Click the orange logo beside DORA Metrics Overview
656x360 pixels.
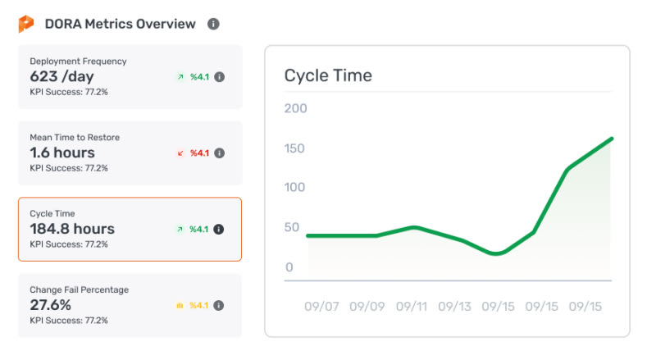[26, 24]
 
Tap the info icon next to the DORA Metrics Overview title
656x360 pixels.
[213, 24]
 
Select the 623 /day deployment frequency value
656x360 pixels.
[62, 76]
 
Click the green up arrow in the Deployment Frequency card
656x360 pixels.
[180, 77]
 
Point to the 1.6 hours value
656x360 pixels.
[62, 153]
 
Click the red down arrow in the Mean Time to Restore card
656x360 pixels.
[180, 153]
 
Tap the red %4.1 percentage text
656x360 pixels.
[199, 153]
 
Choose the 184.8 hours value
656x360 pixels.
[72, 229]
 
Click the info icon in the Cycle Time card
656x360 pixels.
[219, 230]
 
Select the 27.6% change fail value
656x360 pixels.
[50, 305]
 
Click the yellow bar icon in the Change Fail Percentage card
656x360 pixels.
[180, 306]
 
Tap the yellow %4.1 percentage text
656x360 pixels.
[199, 306]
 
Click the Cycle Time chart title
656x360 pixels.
[328, 75]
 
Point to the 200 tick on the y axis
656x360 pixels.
[296, 108]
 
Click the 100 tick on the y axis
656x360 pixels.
[294, 187]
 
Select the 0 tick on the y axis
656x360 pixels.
[289, 267]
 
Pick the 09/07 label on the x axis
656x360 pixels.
[321, 307]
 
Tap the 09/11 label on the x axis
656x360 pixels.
[412, 307]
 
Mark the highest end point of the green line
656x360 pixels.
[612, 139]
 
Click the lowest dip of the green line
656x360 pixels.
[495, 253]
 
